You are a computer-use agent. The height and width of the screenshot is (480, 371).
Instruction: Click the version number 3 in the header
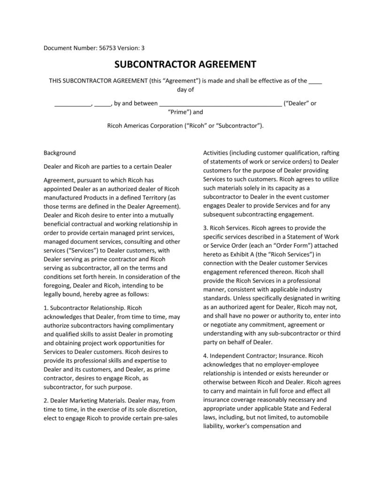pyautogui.click(x=143, y=48)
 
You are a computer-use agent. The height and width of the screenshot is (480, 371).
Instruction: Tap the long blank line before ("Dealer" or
pyautogui.click(x=220, y=103)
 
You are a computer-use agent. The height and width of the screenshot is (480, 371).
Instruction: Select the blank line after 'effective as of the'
pyautogui.click(x=316, y=81)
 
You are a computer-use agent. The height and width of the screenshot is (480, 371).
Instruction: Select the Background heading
pyautogui.click(x=60, y=153)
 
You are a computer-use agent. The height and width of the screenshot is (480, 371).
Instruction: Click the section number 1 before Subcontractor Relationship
pyautogui.click(x=46, y=308)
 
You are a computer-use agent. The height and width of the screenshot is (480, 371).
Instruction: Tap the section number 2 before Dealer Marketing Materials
pyautogui.click(x=46, y=401)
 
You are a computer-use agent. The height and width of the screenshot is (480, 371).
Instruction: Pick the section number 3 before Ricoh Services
pyautogui.click(x=205, y=228)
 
